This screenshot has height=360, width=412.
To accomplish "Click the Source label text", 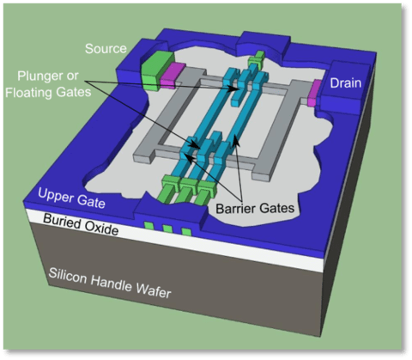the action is click(x=106, y=49).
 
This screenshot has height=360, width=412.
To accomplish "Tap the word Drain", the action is click(x=346, y=83).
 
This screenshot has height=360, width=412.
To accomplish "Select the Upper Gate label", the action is click(x=71, y=198).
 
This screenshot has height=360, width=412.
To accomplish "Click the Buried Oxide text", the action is click(x=81, y=224).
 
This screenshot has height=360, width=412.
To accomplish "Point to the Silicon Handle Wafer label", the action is click(x=110, y=284).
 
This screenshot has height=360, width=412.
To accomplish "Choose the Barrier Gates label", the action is click(x=255, y=208).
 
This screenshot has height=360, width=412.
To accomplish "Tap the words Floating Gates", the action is click(x=48, y=93).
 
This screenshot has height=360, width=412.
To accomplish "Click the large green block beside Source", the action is click(x=158, y=71).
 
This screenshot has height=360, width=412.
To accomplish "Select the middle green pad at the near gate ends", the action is click(x=186, y=191).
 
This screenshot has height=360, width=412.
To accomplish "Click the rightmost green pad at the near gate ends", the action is click(x=205, y=192).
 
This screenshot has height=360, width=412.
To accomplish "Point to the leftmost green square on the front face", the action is click(x=148, y=225).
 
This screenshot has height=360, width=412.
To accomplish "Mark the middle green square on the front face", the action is click(x=167, y=229).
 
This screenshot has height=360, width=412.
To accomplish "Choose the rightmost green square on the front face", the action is click(x=186, y=232).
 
